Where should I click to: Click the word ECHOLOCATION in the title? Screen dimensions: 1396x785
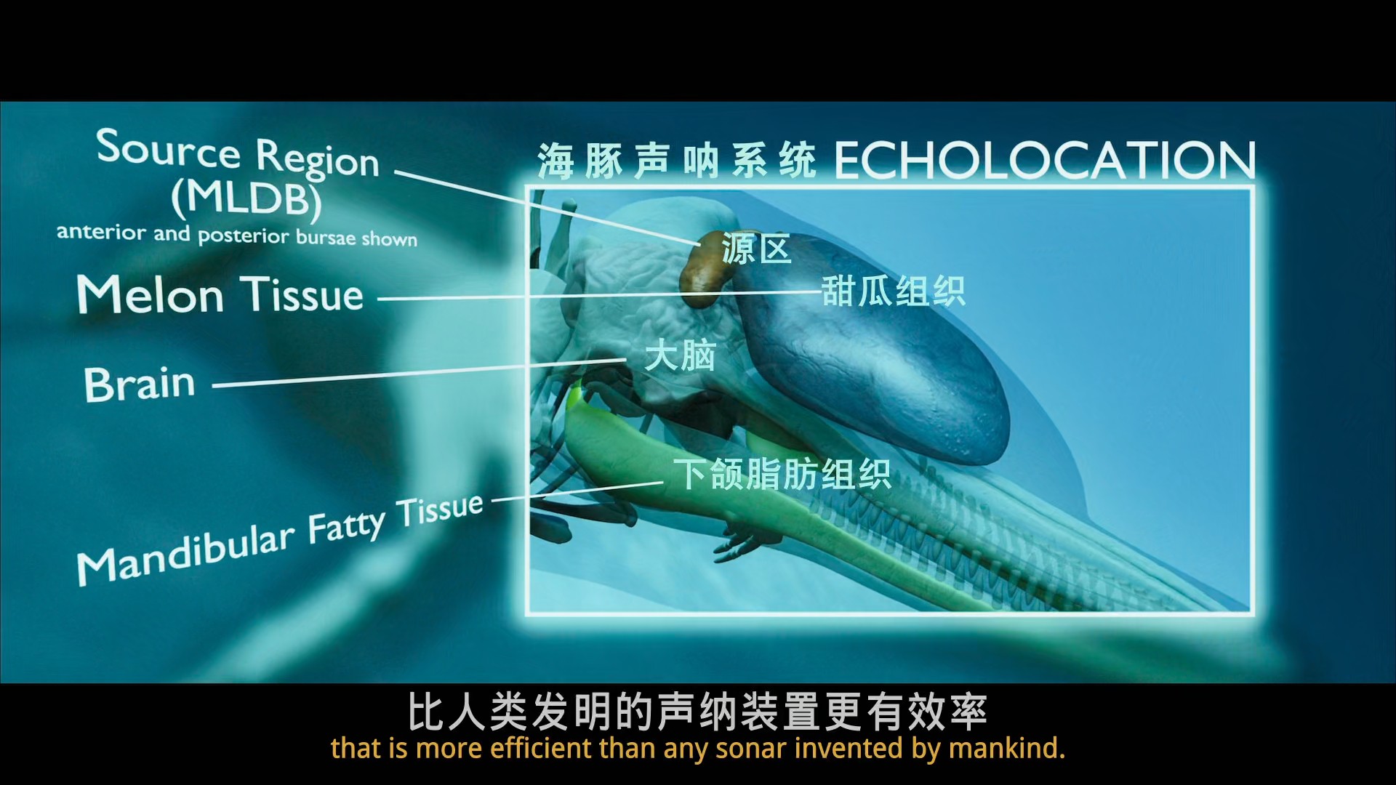[1045, 161]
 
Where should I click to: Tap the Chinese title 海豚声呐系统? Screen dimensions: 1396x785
[677, 161]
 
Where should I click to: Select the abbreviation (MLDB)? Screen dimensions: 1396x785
[246, 199]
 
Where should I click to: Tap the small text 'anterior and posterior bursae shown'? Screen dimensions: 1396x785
[237, 235]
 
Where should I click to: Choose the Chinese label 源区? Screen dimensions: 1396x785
[756, 249]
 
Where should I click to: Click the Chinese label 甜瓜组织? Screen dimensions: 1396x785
[894, 291]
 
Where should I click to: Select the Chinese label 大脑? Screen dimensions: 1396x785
[680, 356]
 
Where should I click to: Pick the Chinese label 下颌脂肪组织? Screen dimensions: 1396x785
[782, 475]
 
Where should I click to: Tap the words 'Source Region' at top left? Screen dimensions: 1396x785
[238, 153]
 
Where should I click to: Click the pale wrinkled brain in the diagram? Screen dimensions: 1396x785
[640, 305]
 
